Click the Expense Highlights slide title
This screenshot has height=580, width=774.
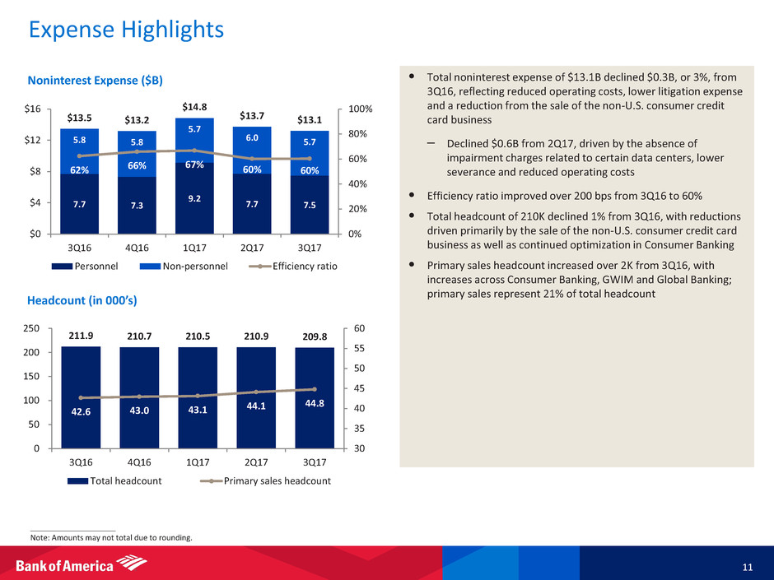click(x=126, y=30)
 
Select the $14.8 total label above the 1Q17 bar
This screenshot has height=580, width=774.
click(x=195, y=106)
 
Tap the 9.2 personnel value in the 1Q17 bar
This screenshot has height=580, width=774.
click(x=195, y=198)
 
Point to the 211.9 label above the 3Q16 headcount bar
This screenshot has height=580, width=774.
click(x=79, y=335)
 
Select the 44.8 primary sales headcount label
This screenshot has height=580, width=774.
click(x=312, y=403)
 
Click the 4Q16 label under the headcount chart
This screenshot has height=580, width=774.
click(x=138, y=462)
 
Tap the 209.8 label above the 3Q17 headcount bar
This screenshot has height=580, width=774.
click(x=312, y=336)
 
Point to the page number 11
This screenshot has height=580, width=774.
click(x=745, y=568)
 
